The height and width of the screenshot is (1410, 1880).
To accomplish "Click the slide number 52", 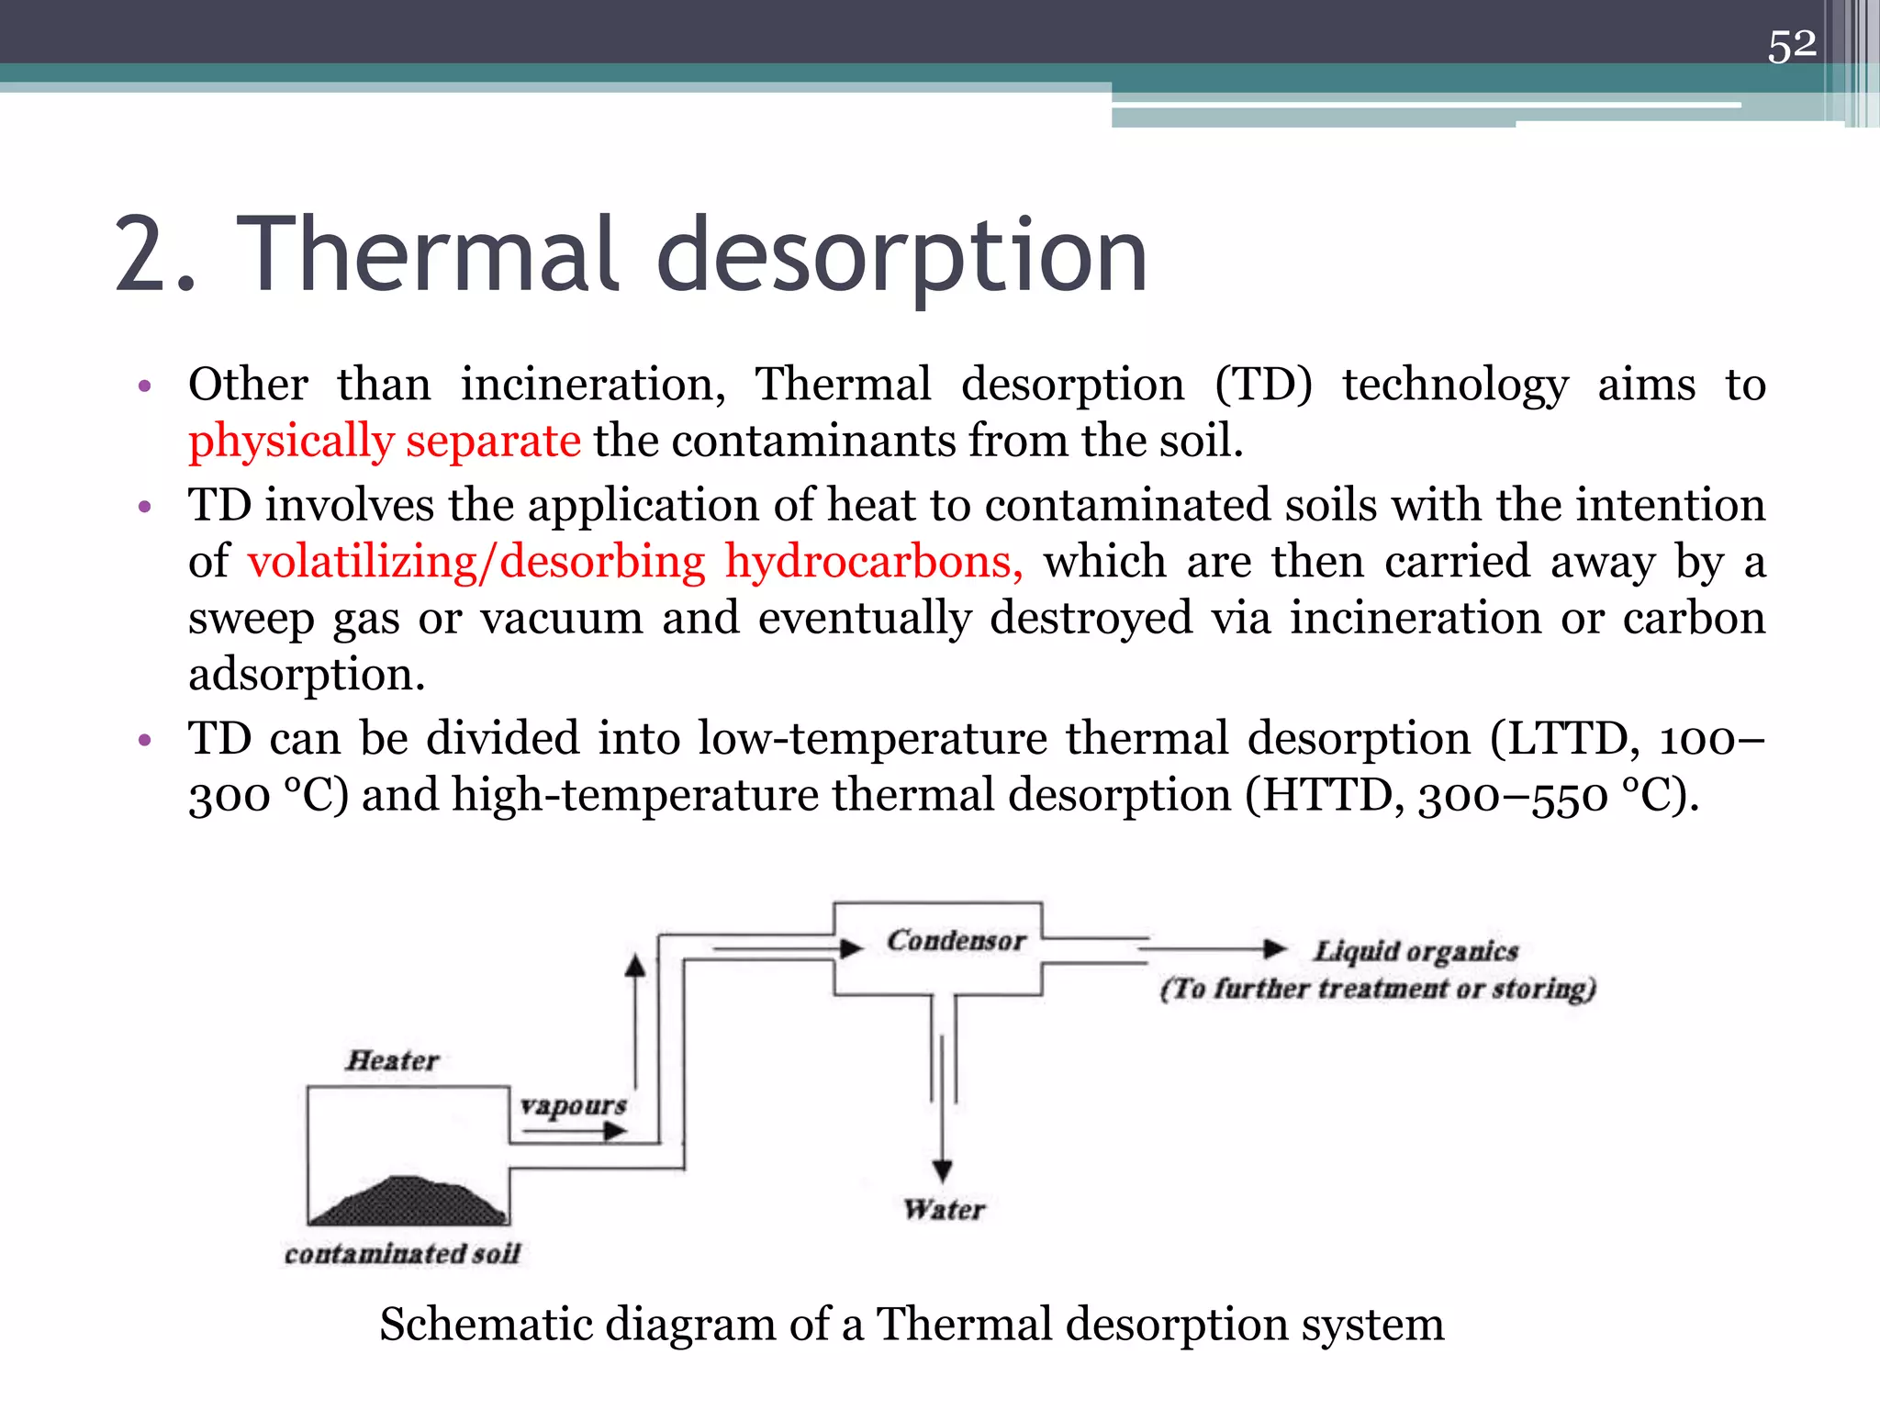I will (1791, 45).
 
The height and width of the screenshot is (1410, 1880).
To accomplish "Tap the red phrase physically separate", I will (384, 442).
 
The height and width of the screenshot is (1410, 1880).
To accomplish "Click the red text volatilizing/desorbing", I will (476, 562).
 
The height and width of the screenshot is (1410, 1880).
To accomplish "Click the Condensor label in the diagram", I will (956, 941).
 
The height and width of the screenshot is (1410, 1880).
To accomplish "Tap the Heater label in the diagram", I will (392, 1061).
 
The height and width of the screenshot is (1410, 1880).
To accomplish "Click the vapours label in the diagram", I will (573, 1105).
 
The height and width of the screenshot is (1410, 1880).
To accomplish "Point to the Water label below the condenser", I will (944, 1210).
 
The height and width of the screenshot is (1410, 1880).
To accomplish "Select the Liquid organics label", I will (1416, 952).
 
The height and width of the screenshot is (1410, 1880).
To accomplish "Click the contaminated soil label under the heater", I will (402, 1254).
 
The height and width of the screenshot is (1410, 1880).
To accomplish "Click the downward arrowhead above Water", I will (942, 1170).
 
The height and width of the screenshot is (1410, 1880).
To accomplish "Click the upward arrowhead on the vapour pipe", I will (634, 965).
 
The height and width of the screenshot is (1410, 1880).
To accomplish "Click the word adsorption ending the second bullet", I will (307, 676).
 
